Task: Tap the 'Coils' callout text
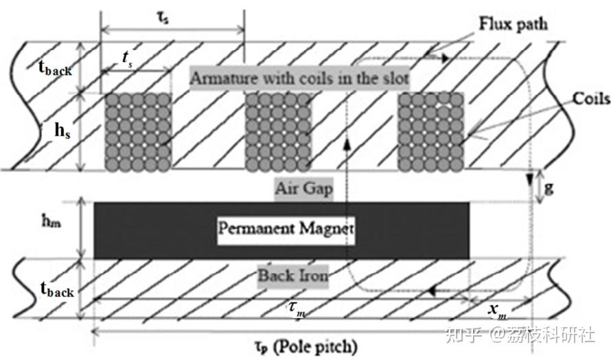pos(591,99)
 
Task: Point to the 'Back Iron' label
pos(293,276)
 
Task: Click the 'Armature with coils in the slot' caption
pos(299,78)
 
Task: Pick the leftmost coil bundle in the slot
pos(138,131)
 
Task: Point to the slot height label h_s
pos(62,131)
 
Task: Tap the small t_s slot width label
pos(127,60)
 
